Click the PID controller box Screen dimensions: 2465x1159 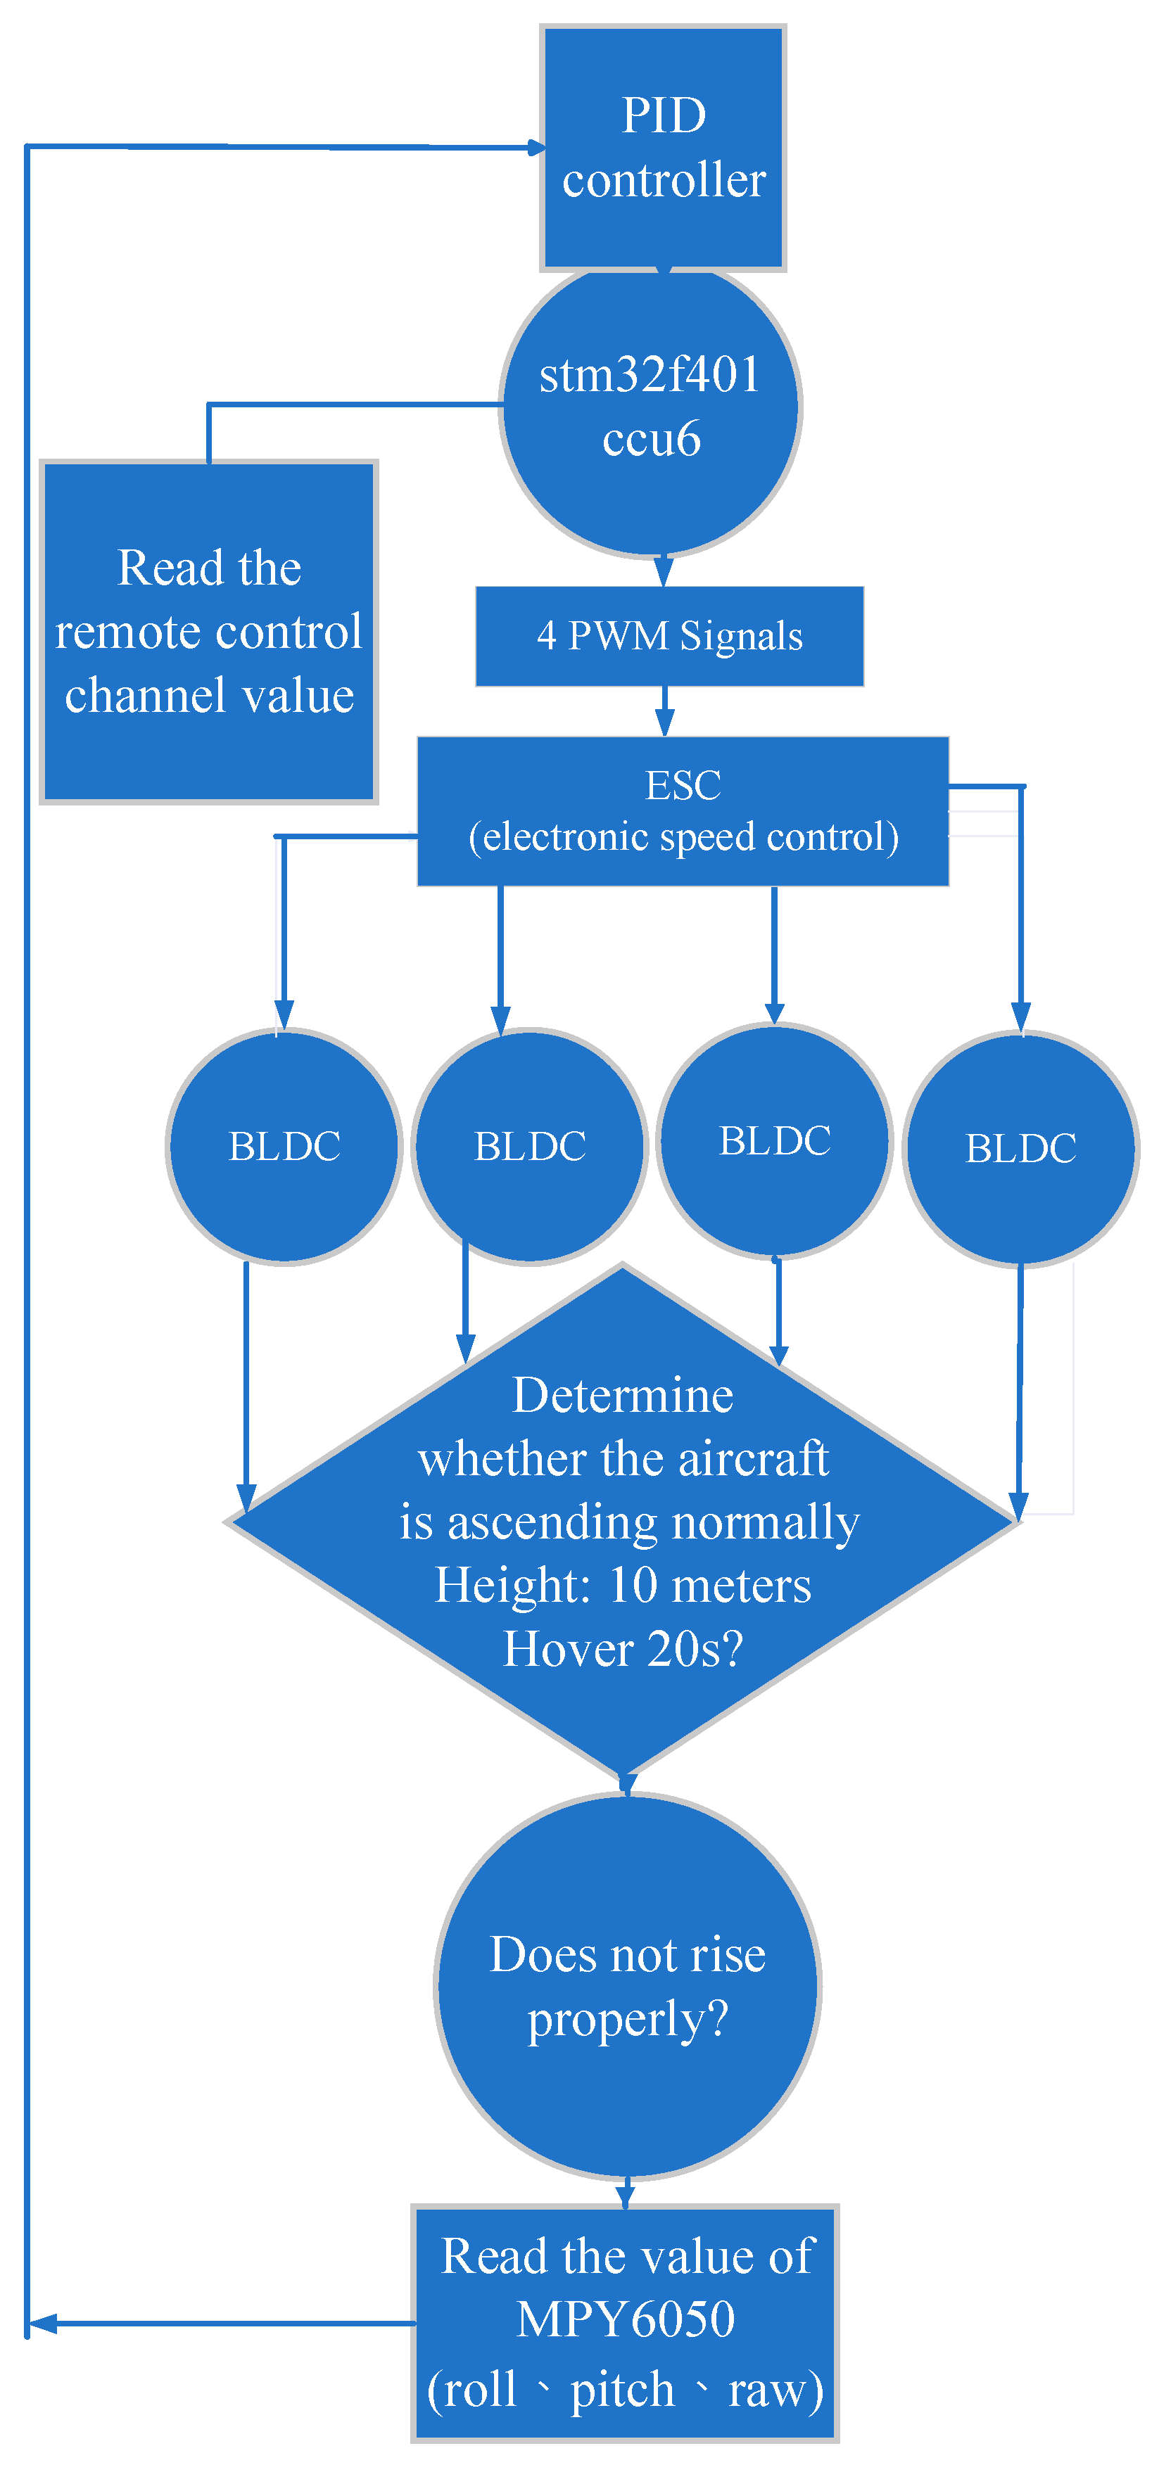664,148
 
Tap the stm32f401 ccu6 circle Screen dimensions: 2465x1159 651,409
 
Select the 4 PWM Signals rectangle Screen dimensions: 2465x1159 669,637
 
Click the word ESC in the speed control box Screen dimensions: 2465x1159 683,786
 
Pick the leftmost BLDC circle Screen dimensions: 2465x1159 284,1147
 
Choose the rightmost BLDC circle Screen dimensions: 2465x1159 1020,1148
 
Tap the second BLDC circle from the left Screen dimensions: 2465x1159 529,1147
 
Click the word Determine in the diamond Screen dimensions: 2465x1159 623,1395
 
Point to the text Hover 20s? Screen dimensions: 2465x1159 623,1650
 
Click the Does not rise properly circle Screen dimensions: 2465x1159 628,1987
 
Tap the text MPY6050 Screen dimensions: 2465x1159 626,2319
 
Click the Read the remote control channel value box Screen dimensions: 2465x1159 208,632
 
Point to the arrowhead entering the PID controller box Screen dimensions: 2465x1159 536,148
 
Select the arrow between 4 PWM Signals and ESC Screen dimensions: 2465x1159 665,713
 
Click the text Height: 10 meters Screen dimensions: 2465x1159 623,1586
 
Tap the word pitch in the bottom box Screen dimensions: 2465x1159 622,2390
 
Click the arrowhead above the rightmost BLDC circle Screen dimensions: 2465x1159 1020,1017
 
